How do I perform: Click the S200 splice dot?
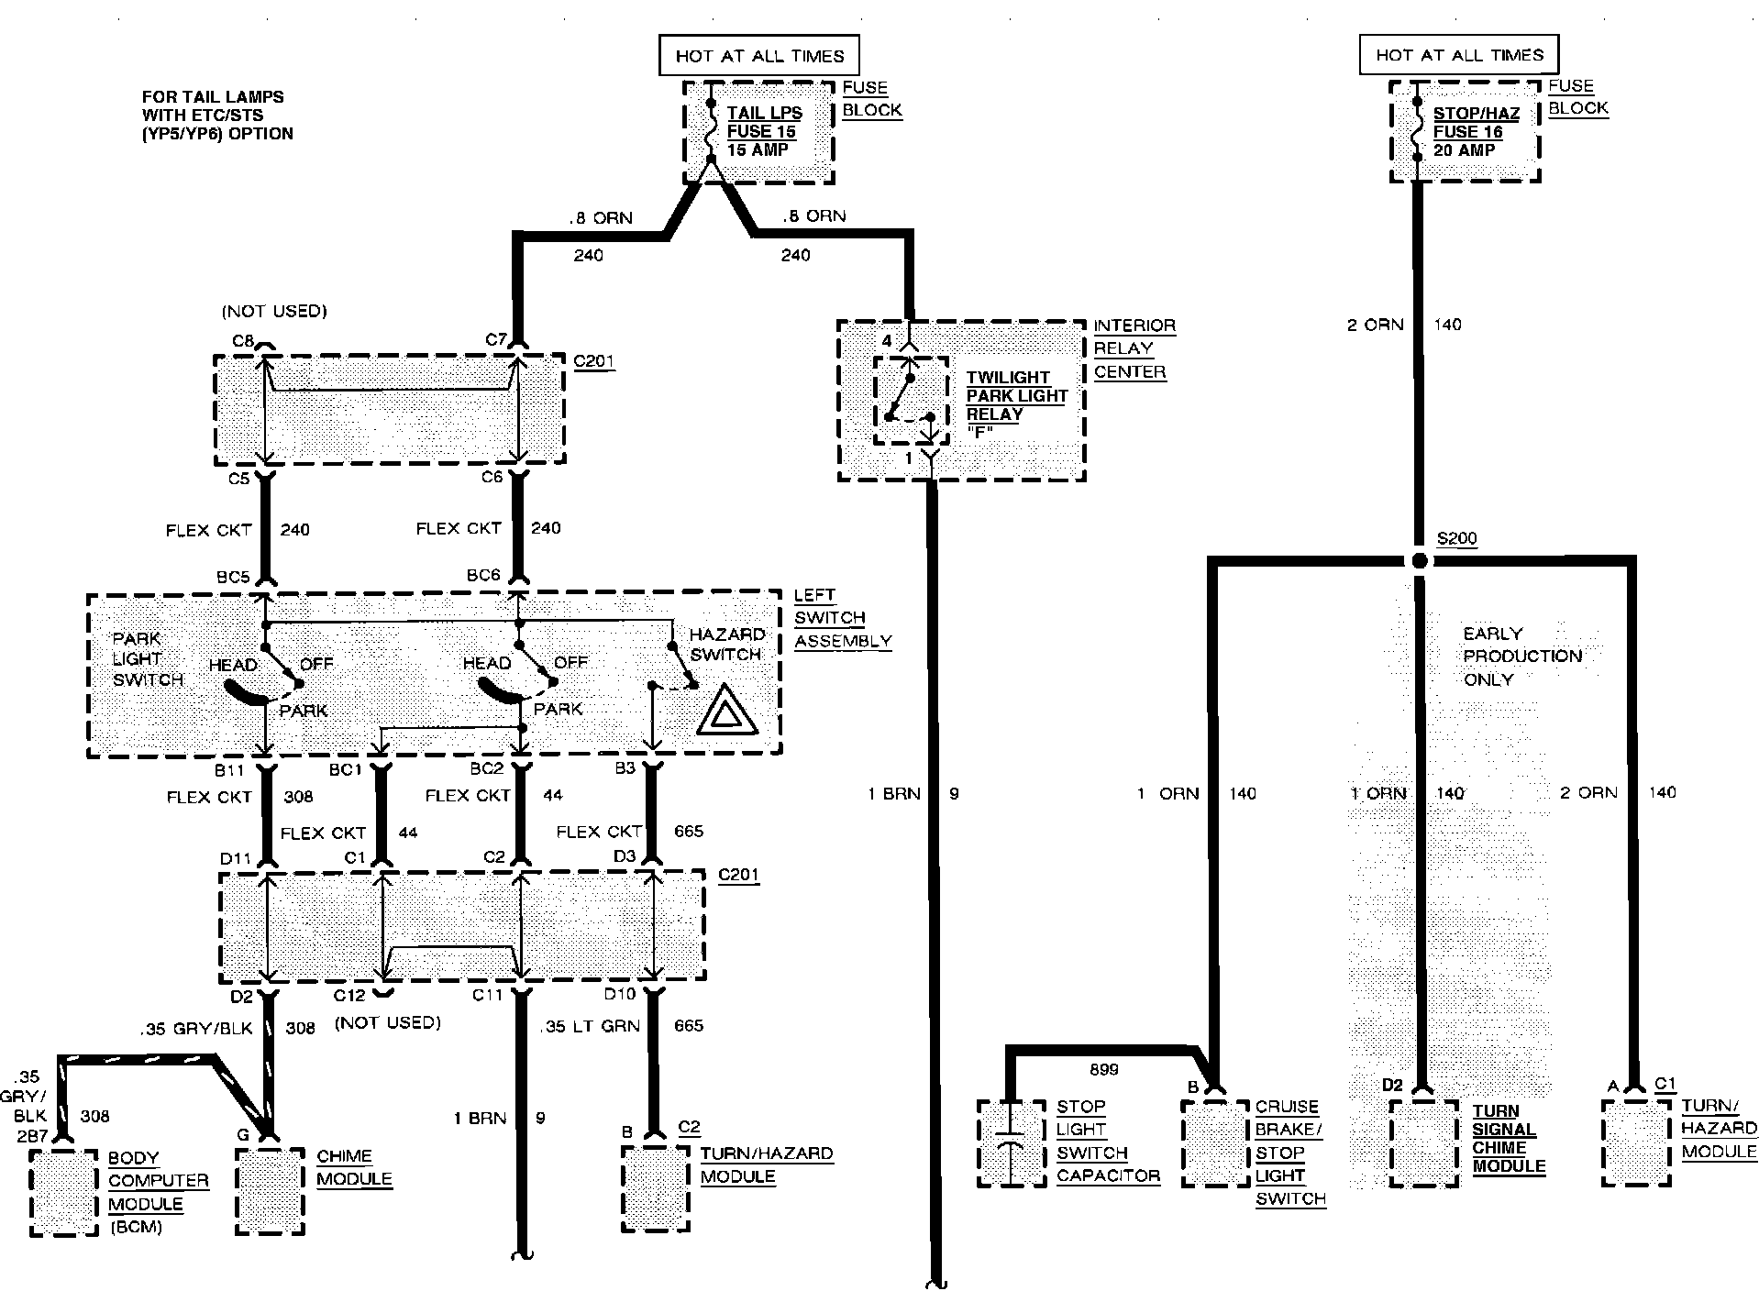[1419, 560]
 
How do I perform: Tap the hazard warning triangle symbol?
[728, 712]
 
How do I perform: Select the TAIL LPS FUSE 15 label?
[763, 131]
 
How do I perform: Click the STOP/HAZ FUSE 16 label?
[1476, 131]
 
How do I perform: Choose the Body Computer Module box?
[63, 1191]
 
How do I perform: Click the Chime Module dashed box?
[270, 1191]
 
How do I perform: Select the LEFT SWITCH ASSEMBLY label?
[842, 618]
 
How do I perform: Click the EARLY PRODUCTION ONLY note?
[1522, 657]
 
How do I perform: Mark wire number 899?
[1104, 1069]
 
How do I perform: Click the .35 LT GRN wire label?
[591, 1027]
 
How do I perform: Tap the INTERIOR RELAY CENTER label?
[1134, 349]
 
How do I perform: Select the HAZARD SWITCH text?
[725, 644]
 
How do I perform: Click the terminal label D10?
[620, 994]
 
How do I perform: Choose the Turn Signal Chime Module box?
[1423, 1142]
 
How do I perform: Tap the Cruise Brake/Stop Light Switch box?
[1215, 1142]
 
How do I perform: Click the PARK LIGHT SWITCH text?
[148, 658]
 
